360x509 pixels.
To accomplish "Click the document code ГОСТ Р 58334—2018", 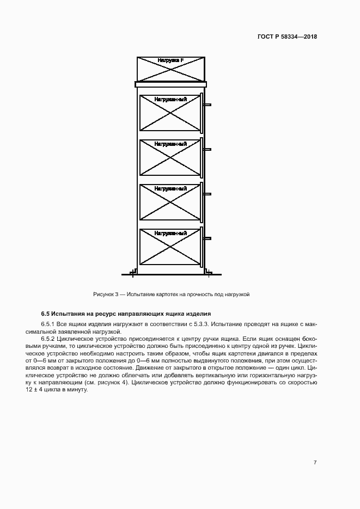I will click(x=287, y=37).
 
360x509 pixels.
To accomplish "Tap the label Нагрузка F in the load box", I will click(x=170, y=60).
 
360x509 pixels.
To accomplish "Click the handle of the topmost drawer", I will click(x=208, y=105).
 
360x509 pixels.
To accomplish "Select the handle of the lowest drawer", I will click(x=208, y=238).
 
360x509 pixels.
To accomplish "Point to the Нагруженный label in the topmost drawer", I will click(x=170, y=100).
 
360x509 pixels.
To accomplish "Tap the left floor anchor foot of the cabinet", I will click(x=132, y=271).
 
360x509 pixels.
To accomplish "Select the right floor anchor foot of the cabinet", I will click(x=209, y=271).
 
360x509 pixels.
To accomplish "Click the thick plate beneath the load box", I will click(x=170, y=84).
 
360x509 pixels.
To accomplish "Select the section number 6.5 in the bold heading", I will click(x=45, y=314).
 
